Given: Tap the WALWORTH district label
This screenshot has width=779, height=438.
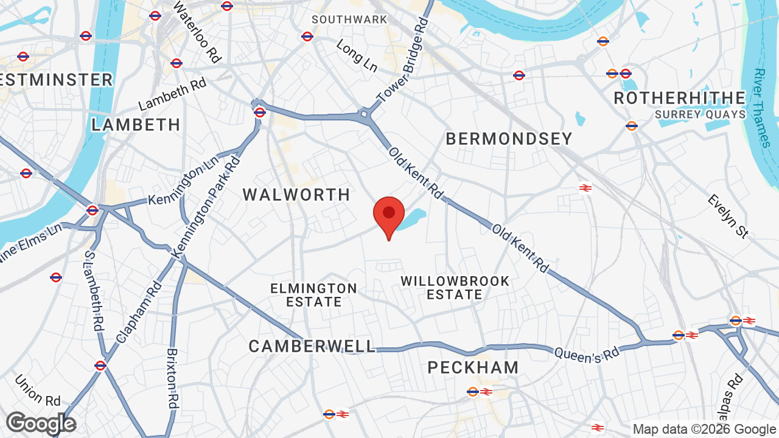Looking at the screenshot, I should pos(296,195).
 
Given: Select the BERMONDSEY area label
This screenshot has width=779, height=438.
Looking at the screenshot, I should pos(509,139).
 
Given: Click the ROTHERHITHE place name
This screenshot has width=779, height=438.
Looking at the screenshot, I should pos(679,98).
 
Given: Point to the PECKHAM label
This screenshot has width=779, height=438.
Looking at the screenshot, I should pos(473,367).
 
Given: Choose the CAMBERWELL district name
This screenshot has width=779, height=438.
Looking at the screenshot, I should pos(312,346).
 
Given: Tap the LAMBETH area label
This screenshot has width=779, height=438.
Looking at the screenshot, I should pos(136,125).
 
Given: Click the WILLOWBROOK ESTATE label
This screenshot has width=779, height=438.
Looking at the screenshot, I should pos(455,288).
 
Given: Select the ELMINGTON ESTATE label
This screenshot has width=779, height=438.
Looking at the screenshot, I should pos(314,294).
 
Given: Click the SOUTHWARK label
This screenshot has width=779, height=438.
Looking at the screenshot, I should pos(349,19).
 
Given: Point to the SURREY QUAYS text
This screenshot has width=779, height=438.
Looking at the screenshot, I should pos(700,114).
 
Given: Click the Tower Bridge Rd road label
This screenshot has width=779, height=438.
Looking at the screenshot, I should pos(403,60).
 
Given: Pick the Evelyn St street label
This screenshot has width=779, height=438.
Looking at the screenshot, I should pos(727,217).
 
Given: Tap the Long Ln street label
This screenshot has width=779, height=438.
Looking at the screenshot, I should pos(357,56).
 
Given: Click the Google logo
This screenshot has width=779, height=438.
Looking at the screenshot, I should pos(41,423).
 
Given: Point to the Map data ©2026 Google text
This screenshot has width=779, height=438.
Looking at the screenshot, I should pos(704,429).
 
